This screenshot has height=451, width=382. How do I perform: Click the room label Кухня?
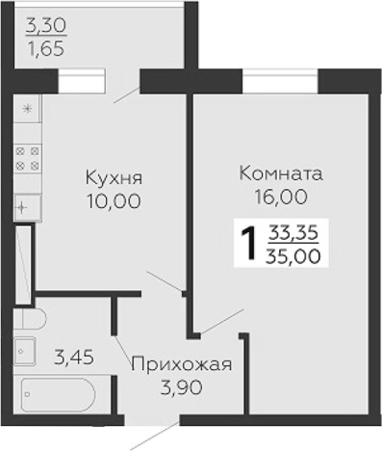pos(113,179)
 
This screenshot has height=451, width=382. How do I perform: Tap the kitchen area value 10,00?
pos(113,201)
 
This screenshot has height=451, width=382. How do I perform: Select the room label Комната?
pos(279,175)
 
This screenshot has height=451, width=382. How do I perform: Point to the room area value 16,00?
pos(279,198)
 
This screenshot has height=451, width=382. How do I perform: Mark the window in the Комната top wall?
pos(279,81)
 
